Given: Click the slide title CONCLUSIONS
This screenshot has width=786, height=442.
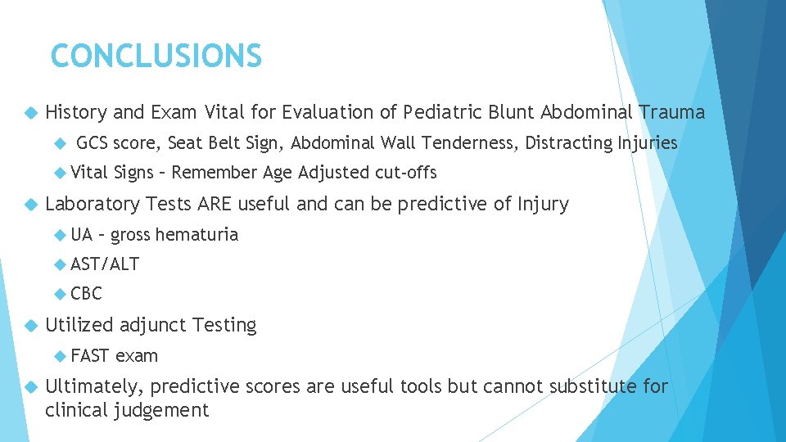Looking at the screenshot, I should (x=156, y=56).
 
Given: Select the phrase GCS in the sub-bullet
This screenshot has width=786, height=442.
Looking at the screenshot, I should (x=93, y=143).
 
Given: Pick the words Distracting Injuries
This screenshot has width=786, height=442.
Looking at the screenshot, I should (x=601, y=143).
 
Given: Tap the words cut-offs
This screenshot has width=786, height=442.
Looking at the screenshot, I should (x=406, y=173).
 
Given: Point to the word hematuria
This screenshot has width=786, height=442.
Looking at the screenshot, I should (x=196, y=235).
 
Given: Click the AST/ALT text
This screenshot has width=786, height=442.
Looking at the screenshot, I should (x=105, y=264).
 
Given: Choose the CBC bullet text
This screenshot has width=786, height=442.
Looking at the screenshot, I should (x=87, y=294).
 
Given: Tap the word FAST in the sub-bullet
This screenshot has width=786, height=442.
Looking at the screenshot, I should (x=90, y=356).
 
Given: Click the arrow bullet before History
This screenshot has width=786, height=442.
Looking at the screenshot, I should (x=31, y=113).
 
